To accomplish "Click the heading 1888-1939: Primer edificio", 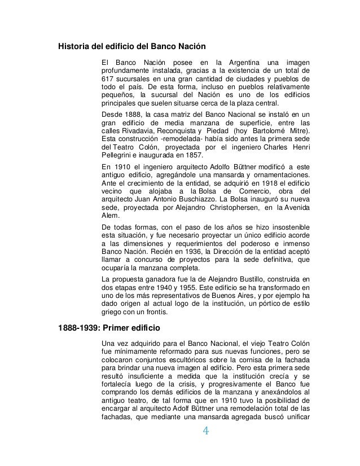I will pyautogui.click(x=105, y=327).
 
